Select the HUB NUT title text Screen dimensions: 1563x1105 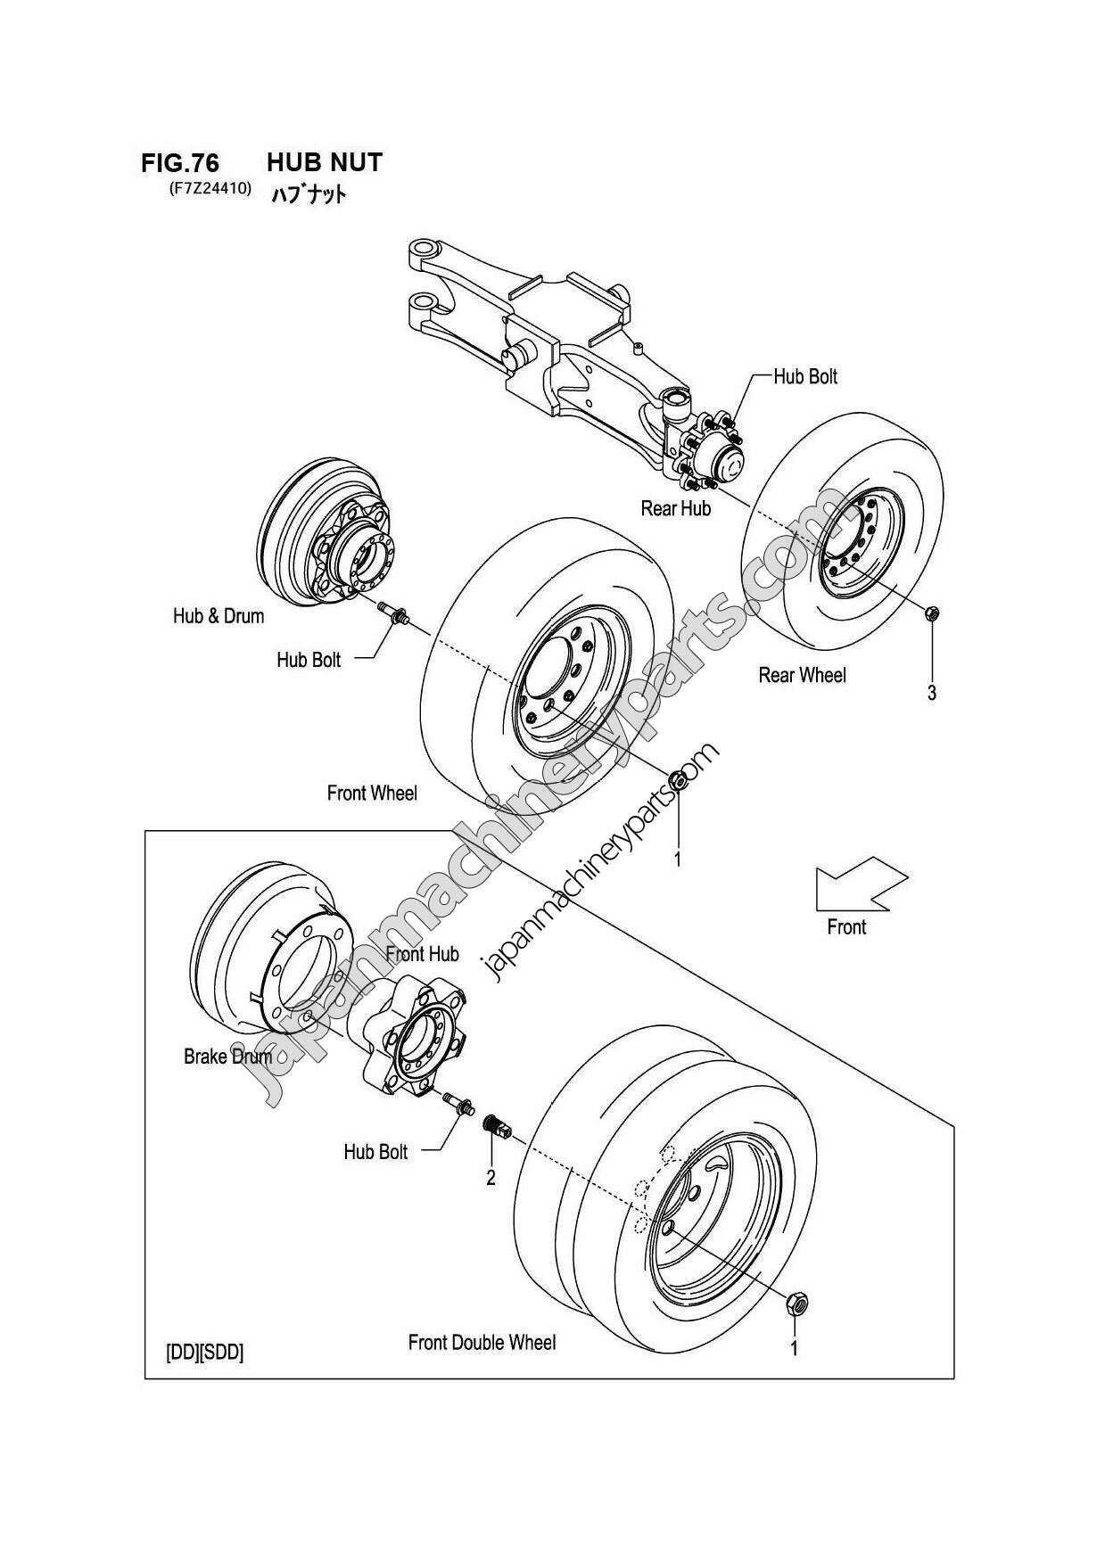point(325,162)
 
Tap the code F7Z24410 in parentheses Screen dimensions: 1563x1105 point(210,188)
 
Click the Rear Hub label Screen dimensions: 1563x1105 point(675,508)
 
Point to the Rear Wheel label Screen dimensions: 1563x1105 point(802,675)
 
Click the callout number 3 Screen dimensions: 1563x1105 point(931,693)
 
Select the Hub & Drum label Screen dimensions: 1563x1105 point(219,615)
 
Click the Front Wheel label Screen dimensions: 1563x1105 point(372,793)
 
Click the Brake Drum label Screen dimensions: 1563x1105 point(227,1057)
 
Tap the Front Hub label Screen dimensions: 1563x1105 point(422,954)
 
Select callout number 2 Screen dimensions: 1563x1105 point(491,1178)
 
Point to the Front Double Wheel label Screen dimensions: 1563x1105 point(482,1342)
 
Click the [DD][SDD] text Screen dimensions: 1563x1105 point(204,1352)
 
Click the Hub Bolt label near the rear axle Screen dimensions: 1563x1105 point(805,376)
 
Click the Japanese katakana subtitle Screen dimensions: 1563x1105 point(308,193)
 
